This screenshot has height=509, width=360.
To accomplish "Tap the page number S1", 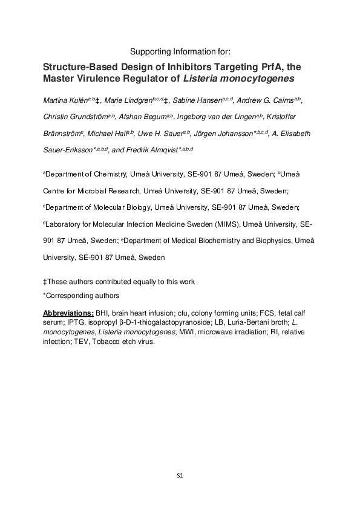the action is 180,476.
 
